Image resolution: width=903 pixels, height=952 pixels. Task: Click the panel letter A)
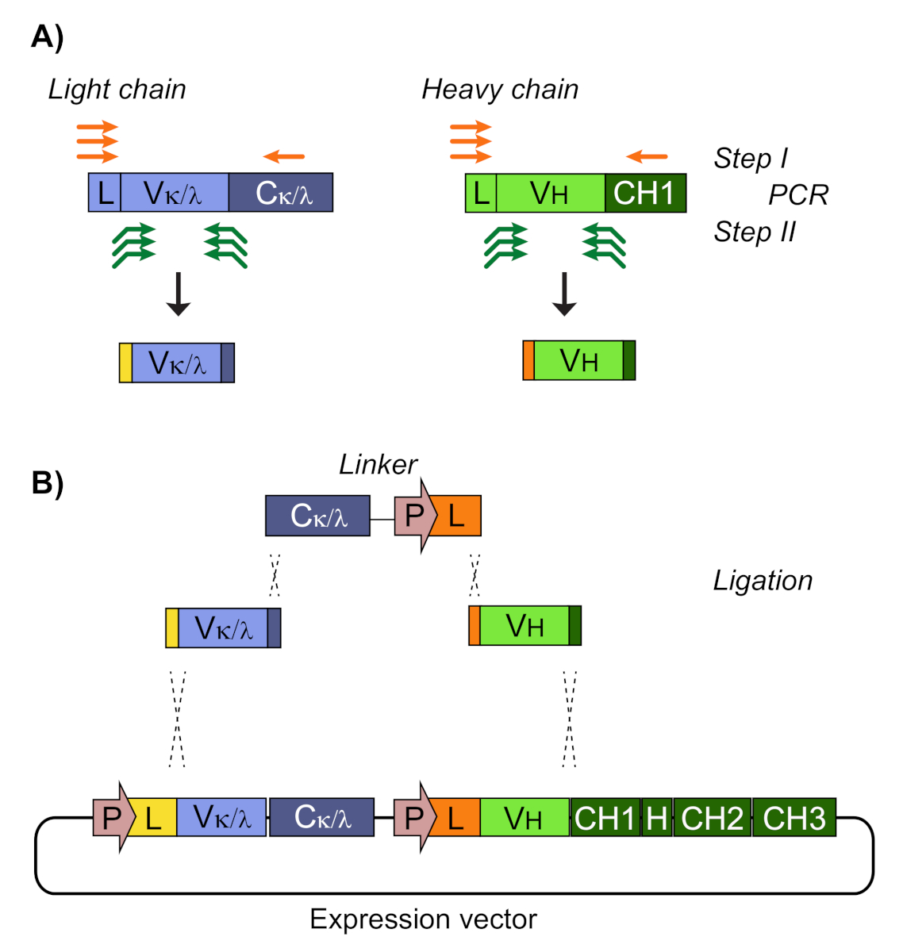[47, 37]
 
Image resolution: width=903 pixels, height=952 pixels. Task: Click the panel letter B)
[47, 482]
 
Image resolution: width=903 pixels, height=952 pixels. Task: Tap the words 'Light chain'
[117, 90]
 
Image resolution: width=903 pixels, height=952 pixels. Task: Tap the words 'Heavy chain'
[500, 90]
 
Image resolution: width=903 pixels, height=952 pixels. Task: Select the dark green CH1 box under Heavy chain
[645, 194]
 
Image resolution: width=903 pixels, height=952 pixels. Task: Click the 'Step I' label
[751, 159]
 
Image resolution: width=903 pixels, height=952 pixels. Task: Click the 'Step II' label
[754, 232]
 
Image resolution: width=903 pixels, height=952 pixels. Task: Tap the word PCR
[797, 195]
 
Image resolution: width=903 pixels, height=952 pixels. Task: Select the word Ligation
[763, 581]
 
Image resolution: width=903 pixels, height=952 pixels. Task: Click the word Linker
[378, 465]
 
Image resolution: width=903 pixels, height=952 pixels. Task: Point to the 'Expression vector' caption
[423, 919]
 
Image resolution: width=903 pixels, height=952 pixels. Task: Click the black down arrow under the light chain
[179, 294]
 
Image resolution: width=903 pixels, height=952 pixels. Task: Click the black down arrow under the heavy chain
[564, 294]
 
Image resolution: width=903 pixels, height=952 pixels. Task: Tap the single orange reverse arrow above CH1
[647, 157]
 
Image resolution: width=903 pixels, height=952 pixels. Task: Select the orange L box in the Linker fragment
[458, 516]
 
